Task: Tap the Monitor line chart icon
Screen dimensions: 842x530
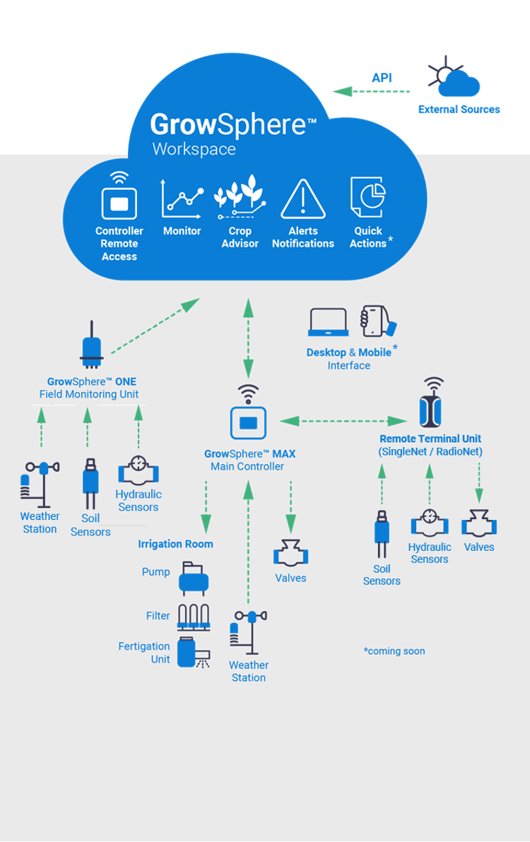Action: (182, 198)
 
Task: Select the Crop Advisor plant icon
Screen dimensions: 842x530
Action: (240, 198)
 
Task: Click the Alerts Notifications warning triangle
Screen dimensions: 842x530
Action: (303, 199)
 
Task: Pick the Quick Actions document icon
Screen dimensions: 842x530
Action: (367, 197)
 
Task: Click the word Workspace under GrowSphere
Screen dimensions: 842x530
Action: (194, 149)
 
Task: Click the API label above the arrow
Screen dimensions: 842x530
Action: (382, 78)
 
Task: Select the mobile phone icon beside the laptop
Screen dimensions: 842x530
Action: (377, 321)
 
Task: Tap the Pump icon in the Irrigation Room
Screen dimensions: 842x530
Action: (193, 576)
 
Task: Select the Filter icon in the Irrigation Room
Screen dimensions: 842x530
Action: (194, 617)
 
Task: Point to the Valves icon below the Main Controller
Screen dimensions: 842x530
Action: (290, 553)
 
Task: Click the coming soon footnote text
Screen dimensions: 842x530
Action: (394, 651)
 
